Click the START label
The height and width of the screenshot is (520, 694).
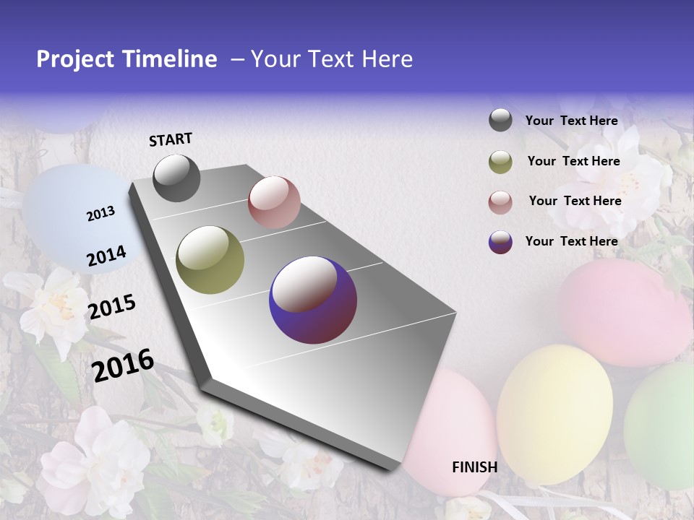click(171, 139)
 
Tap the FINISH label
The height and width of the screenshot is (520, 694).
click(474, 467)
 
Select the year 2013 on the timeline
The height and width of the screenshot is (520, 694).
click(100, 213)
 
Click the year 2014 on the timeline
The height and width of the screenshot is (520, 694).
click(106, 256)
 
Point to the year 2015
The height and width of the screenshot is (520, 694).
click(111, 307)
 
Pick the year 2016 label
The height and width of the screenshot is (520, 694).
click(123, 365)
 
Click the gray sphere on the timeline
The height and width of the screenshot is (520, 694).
click(176, 178)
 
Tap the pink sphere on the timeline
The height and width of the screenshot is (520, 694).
click(274, 202)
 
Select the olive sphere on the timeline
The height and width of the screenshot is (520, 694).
click(210, 260)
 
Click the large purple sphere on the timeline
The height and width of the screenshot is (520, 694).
click(313, 300)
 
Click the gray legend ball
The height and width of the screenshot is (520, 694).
click(500, 121)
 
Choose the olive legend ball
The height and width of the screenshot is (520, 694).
click(500, 162)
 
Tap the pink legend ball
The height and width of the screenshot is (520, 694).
click(500, 202)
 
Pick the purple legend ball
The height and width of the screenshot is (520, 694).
click(500, 242)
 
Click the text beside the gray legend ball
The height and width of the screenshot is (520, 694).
click(571, 121)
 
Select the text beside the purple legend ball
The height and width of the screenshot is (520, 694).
click(571, 241)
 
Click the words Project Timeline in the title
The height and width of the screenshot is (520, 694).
click(127, 59)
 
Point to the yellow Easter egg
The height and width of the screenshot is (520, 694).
click(554, 414)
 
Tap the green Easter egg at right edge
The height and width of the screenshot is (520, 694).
click(661, 426)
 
